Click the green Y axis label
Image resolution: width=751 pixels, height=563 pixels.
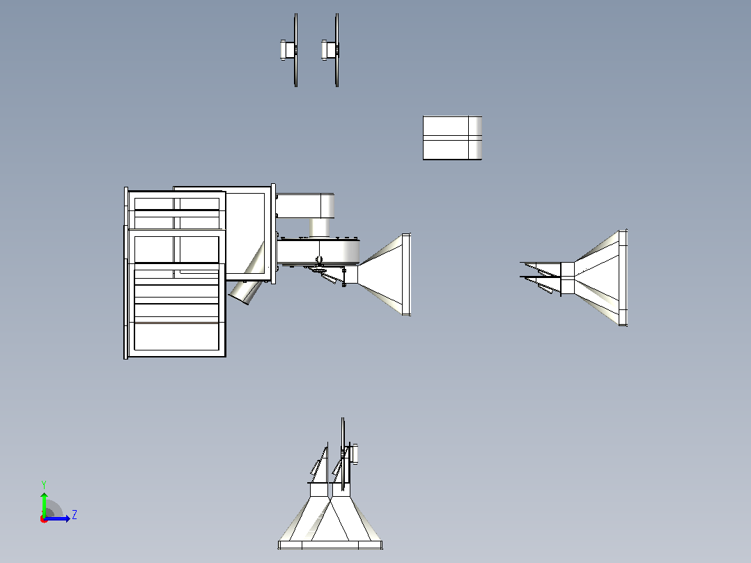(x=44, y=484)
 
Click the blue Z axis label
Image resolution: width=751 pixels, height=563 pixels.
(x=75, y=515)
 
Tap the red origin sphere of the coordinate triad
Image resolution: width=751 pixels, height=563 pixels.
(x=44, y=519)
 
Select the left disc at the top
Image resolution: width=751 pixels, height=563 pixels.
(x=295, y=50)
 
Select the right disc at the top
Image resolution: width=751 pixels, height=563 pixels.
(x=337, y=50)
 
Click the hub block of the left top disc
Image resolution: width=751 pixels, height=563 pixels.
(x=287, y=50)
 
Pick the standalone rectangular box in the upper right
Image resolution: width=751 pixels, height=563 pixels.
(x=452, y=138)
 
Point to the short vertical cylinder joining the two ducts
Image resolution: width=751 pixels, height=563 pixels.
(x=320, y=227)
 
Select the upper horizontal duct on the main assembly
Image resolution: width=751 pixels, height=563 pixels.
(x=305, y=206)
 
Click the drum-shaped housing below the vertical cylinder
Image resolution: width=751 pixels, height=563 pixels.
(x=318, y=250)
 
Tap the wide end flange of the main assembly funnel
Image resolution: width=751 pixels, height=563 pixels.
(x=406, y=275)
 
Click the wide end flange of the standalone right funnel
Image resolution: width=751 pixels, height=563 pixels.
(x=623, y=278)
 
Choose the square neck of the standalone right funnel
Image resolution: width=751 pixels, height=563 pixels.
(x=568, y=279)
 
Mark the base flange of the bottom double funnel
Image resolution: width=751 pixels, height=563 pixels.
(x=330, y=545)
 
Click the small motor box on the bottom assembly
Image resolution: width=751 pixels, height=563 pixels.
(x=354, y=454)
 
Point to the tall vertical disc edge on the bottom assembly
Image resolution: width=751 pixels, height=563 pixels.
(x=343, y=454)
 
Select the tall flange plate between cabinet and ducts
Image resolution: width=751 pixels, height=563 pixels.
(x=273, y=234)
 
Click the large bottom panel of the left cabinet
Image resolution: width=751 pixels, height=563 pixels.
(x=177, y=337)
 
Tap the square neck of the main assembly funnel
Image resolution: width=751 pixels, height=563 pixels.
(x=351, y=275)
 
